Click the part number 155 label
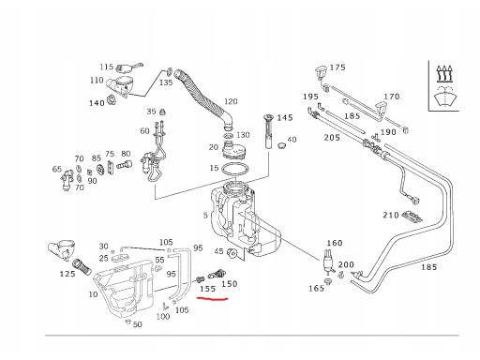click(x=208, y=289)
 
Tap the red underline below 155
click(x=213, y=299)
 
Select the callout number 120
click(x=231, y=101)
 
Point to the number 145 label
click(x=285, y=118)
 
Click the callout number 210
click(x=391, y=215)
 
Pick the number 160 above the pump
click(x=335, y=243)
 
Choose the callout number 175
click(x=337, y=67)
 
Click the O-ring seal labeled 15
click(x=235, y=170)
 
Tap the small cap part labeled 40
click(x=282, y=145)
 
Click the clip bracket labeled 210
click(x=412, y=217)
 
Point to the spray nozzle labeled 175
click(x=321, y=71)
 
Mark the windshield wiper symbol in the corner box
click(x=445, y=96)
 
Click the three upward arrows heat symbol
click(x=444, y=73)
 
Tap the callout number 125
click(x=67, y=274)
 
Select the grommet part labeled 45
click(x=232, y=253)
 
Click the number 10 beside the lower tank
click(x=93, y=294)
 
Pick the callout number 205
click(x=332, y=138)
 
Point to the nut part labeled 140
click(x=111, y=100)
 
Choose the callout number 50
click(x=138, y=324)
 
